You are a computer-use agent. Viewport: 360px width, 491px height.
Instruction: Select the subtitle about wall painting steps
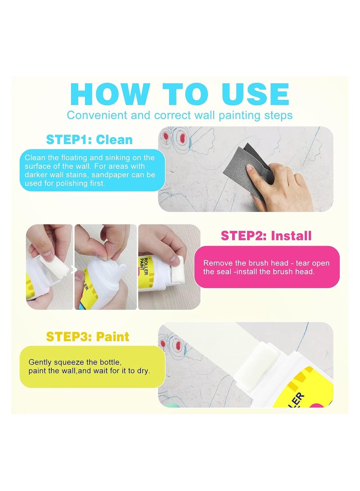(180, 115)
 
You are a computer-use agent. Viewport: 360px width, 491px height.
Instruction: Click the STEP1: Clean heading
(90, 140)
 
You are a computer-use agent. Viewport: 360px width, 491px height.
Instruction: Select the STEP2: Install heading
(266, 235)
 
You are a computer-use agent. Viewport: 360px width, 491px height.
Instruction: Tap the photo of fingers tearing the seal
(106, 266)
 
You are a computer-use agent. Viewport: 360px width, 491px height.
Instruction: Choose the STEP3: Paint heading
(88, 337)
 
